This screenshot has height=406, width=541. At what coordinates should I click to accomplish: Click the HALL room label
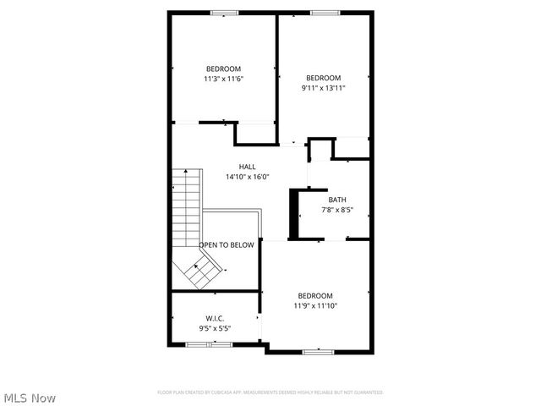click(x=247, y=167)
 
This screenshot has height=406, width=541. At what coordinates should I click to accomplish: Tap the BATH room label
click(x=337, y=200)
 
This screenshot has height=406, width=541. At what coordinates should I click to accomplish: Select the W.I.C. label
click(x=214, y=318)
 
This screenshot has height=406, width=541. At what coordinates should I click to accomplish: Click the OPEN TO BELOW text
click(x=227, y=245)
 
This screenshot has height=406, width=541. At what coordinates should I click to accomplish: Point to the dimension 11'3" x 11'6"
click(x=223, y=79)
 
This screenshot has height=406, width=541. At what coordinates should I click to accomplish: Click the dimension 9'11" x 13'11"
click(x=323, y=87)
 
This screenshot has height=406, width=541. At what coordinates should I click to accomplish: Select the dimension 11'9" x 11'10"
click(x=315, y=305)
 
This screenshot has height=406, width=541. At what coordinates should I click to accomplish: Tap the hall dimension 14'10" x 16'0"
click(x=247, y=177)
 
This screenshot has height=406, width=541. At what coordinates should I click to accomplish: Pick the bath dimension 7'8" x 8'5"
click(x=337, y=210)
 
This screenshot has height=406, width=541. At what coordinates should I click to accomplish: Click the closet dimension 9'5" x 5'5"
click(x=215, y=328)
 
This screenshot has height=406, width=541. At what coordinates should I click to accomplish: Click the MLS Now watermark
click(x=29, y=398)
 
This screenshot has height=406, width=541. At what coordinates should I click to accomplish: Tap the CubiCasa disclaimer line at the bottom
click(x=270, y=392)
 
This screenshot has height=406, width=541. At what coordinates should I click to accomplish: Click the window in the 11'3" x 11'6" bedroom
click(x=224, y=12)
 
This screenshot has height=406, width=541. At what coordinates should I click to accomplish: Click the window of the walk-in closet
click(x=209, y=344)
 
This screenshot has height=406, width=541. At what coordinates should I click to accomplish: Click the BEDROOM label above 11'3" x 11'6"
click(x=223, y=69)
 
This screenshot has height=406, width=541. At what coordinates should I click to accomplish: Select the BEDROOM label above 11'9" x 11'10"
click(x=314, y=295)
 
